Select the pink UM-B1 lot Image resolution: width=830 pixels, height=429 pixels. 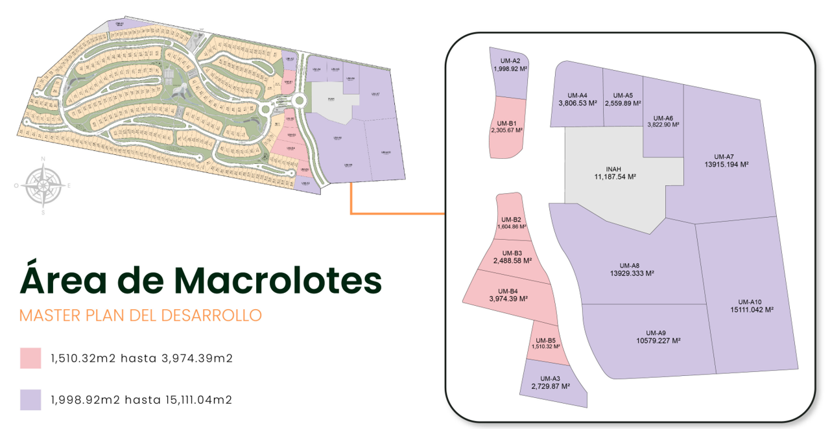pyautogui.click(x=506, y=126)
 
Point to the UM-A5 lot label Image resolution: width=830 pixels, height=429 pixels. pyautogui.click(x=622, y=95)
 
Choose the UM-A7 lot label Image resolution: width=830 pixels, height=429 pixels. pyautogui.click(x=723, y=156)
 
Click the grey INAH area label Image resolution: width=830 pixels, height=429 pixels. pyautogui.click(x=613, y=168)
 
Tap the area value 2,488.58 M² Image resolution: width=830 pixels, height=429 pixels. pyautogui.click(x=512, y=261)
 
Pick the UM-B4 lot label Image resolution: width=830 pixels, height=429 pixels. pyautogui.click(x=508, y=291)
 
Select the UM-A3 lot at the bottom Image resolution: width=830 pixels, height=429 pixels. pyautogui.click(x=550, y=382)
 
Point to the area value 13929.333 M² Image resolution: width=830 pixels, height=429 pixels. pyautogui.click(x=629, y=273)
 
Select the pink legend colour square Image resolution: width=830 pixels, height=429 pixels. pyautogui.click(x=30, y=358)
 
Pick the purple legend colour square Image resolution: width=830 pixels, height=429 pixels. pyautogui.click(x=30, y=400)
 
